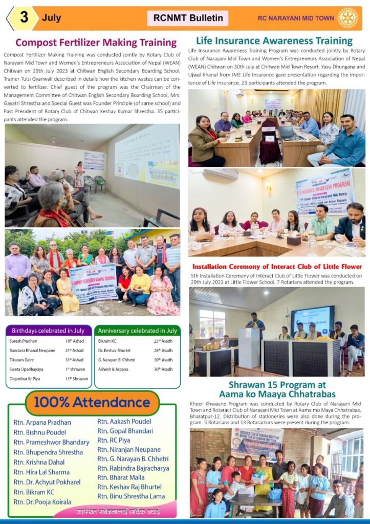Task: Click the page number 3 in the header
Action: point(24,18)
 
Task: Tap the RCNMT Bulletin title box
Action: point(188,18)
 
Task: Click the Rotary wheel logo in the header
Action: point(348,18)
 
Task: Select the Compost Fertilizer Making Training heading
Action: point(96,42)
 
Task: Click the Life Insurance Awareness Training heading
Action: point(274,41)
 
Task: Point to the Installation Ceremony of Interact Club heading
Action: point(277,267)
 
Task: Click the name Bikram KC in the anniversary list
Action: point(107,341)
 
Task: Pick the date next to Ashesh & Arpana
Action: point(163,369)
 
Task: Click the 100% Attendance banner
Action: point(93,403)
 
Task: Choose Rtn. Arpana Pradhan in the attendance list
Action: point(42,423)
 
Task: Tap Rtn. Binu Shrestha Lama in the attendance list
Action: point(131,496)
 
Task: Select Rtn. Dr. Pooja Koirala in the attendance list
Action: point(42,501)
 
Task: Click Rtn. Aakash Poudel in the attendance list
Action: point(124,421)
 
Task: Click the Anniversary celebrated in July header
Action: point(137,331)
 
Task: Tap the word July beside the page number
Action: point(52,18)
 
